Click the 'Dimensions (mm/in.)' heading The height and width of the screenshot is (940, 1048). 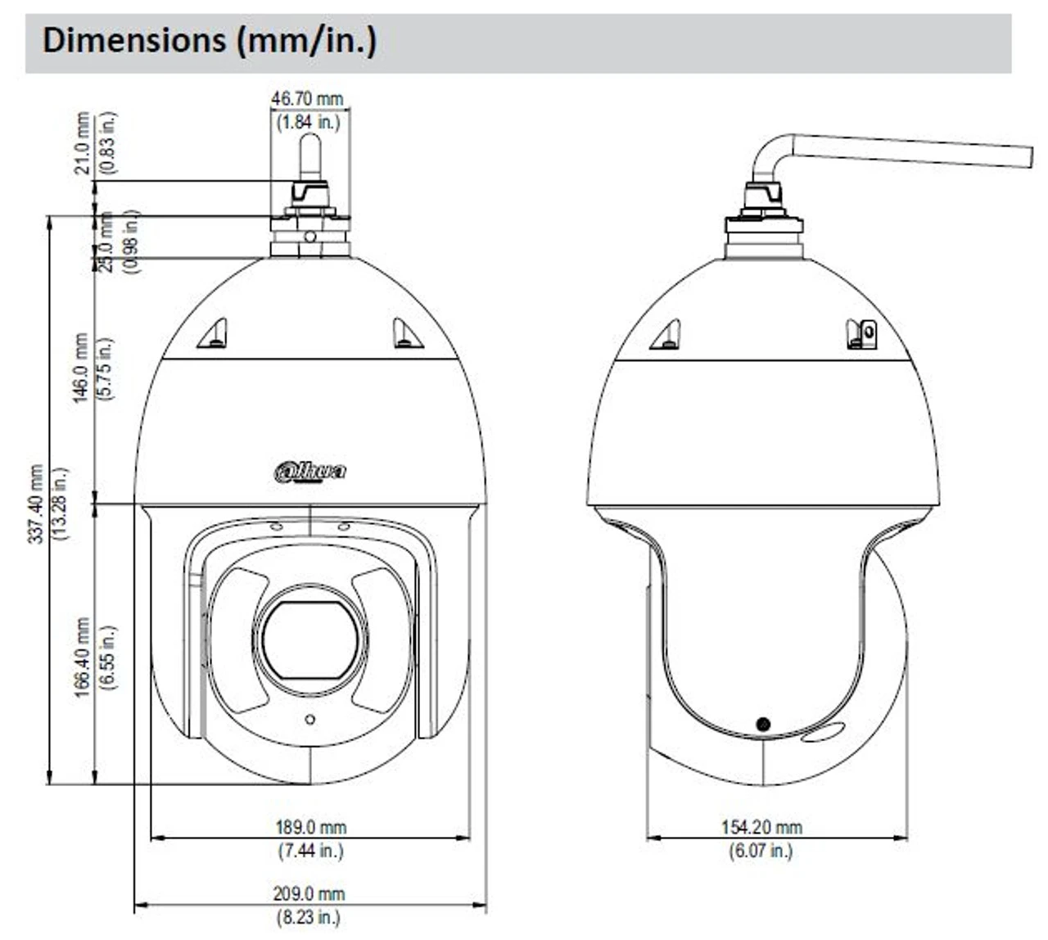209,40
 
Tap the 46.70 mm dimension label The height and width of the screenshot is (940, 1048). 307,99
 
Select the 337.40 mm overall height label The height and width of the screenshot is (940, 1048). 36,504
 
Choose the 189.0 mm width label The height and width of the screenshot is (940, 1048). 309,828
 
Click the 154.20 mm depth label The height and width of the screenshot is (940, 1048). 761,828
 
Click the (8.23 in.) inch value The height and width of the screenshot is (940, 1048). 309,918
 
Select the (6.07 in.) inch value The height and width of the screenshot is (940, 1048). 761,852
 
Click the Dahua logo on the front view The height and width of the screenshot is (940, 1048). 309,472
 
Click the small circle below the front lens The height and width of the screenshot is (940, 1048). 309,720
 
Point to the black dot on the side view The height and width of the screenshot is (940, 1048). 763,724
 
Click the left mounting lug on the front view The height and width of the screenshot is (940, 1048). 214,334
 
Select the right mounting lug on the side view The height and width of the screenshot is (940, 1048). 861,334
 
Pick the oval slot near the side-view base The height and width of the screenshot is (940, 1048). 823,733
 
